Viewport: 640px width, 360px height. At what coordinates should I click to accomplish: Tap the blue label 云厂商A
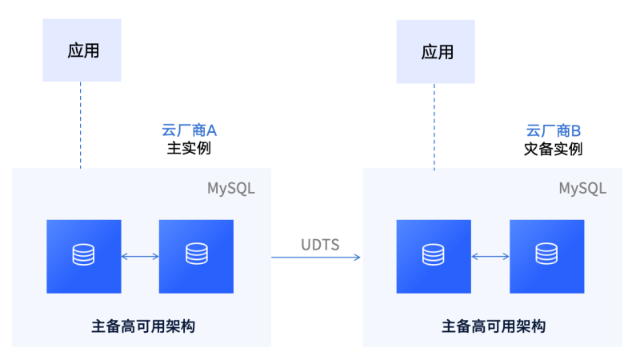point(190,130)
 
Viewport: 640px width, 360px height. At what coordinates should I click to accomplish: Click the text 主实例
point(189,149)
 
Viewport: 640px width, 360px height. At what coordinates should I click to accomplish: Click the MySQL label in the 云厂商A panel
point(231,189)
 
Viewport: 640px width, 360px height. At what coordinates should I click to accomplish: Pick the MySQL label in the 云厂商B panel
point(582,189)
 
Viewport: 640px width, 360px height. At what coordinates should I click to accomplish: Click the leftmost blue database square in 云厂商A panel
point(83,256)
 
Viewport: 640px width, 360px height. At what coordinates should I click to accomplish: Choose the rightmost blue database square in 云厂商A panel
point(196,256)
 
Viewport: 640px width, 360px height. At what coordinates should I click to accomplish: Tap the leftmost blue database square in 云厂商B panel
point(434,256)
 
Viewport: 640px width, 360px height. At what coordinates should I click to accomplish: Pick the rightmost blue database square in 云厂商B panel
point(547,256)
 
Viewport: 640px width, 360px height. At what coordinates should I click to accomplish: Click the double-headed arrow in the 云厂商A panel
point(140,256)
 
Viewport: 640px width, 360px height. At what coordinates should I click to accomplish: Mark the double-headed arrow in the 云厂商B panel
point(490,256)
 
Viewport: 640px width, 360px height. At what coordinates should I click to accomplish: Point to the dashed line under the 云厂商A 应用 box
point(81,124)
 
